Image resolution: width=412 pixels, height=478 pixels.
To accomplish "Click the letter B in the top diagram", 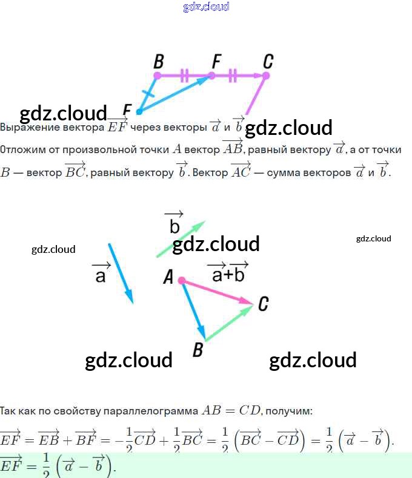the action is [159, 62].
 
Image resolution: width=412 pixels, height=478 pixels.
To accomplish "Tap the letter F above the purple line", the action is [216, 61].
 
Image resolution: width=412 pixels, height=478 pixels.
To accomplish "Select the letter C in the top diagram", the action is [268, 61].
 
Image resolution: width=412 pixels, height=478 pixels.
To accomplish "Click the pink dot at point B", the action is [158, 76].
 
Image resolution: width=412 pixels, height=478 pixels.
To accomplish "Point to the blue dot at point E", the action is [139, 111].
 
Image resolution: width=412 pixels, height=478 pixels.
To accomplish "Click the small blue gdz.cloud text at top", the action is [206, 7].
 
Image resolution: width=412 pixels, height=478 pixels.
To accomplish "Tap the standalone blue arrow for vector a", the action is [120, 272].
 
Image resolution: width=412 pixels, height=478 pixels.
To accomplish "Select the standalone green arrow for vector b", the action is [181, 239].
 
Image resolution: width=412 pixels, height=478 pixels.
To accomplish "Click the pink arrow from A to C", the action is [217, 291].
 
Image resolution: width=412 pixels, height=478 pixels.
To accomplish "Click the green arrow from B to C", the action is [229, 322].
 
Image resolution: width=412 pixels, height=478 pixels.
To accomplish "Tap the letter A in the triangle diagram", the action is [168, 278].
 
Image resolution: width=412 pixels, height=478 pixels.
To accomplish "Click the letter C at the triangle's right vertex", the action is [263, 303].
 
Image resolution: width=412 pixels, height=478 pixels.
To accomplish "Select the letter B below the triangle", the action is [197, 350].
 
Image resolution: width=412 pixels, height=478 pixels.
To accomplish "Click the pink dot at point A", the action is [181, 280].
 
